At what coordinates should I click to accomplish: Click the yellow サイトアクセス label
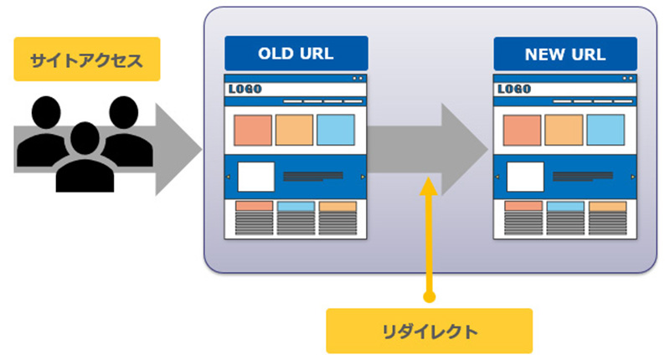(87, 59)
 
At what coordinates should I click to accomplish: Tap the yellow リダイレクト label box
(429, 331)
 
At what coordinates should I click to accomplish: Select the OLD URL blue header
(296, 54)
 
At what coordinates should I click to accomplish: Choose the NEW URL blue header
(565, 54)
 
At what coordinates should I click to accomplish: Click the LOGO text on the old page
(245, 89)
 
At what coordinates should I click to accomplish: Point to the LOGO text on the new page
(514, 89)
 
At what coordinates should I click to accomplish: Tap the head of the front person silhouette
(85, 138)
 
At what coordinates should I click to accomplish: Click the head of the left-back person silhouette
(46, 112)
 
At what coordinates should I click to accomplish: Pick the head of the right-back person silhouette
(124, 112)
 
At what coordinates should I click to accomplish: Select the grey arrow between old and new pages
(427, 150)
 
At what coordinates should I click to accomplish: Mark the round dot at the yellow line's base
(429, 296)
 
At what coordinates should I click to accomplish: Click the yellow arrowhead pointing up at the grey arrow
(428, 186)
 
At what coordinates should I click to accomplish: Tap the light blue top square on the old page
(336, 130)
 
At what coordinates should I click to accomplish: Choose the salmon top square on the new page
(522, 130)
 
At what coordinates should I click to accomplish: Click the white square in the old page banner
(256, 177)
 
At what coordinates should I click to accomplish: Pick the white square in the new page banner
(525, 177)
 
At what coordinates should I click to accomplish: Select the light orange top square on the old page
(295, 130)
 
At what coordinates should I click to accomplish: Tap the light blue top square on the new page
(606, 130)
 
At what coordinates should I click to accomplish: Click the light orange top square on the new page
(564, 130)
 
